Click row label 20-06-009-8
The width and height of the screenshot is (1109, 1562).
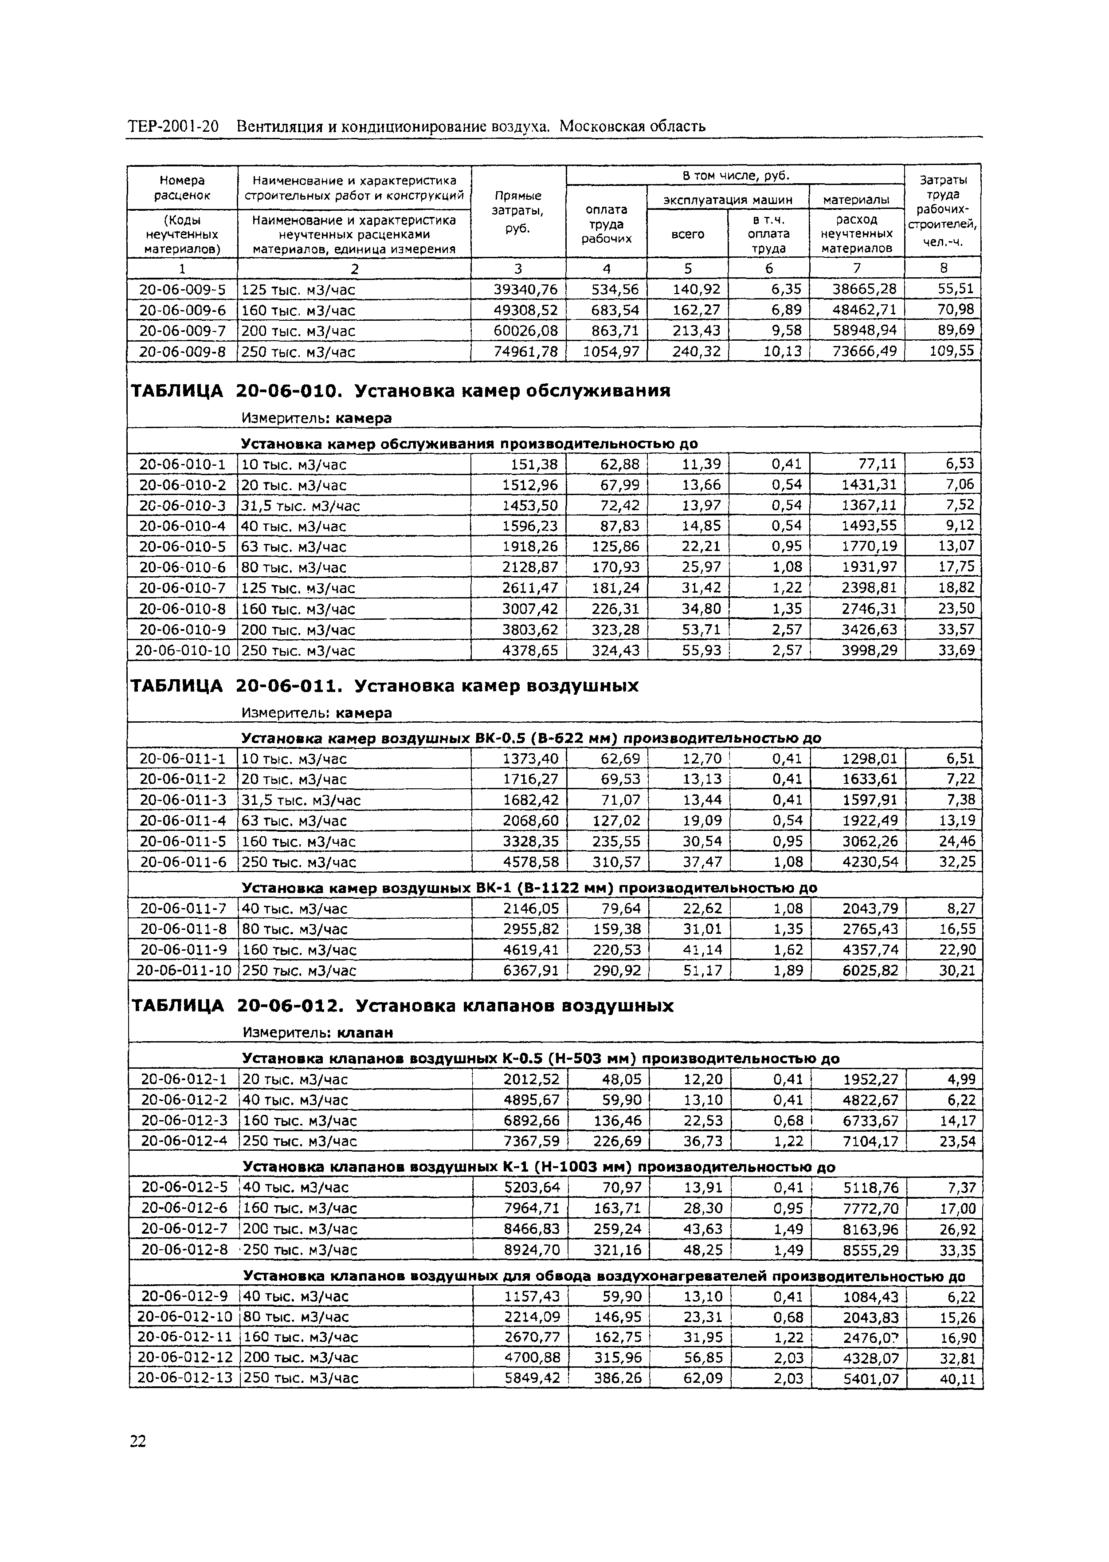[182, 352]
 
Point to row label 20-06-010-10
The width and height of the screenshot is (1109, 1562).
[182, 650]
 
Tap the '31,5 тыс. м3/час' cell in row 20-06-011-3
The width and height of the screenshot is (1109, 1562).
[301, 800]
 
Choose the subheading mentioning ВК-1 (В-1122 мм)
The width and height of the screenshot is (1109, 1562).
[529, 888]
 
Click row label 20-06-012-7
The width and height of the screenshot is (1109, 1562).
[184, 1229]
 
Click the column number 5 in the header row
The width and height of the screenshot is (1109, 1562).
[688, 268]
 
